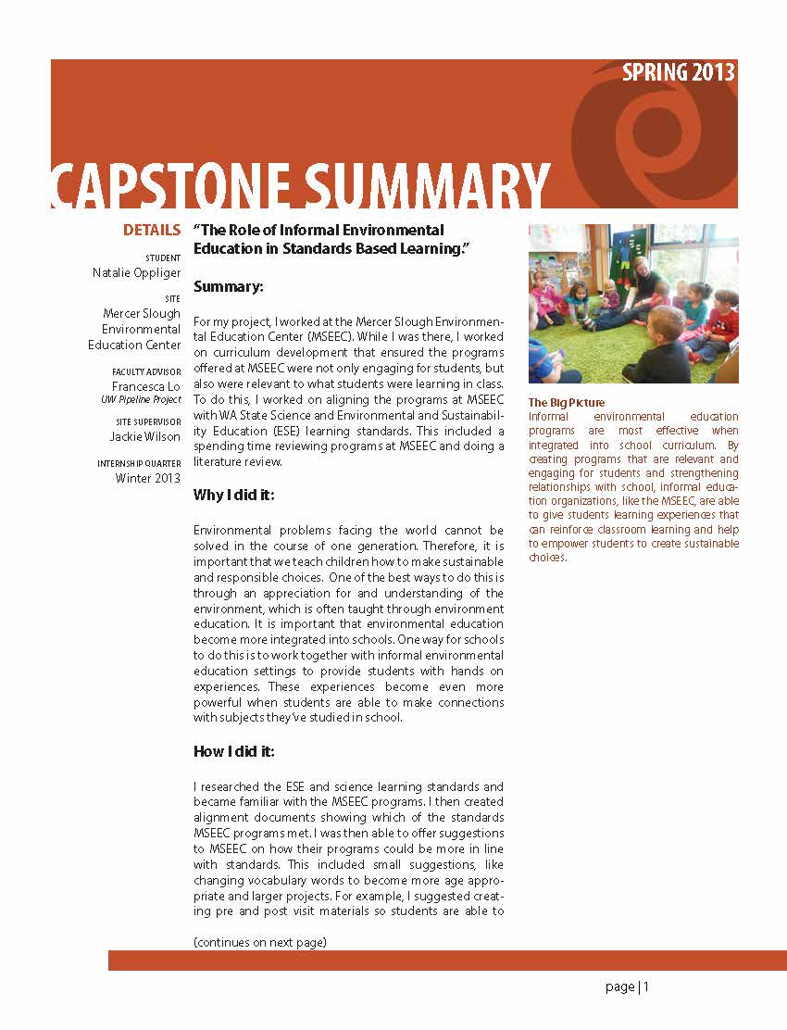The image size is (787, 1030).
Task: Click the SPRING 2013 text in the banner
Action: [679, 73]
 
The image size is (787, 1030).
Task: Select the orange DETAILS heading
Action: [152, 230]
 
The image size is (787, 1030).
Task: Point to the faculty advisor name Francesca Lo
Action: [146, 385]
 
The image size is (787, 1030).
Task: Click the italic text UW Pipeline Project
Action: [141, 400]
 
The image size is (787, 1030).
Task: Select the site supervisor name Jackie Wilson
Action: [145, 436]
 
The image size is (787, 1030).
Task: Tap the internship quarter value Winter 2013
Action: [148, 478]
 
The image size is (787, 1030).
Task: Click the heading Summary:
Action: [229, 287]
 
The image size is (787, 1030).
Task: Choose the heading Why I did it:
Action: [233, 496]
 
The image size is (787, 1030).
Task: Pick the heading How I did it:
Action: [233, 750]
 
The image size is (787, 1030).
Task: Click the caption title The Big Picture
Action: [566, 403]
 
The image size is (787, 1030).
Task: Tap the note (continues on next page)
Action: [260, 942]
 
